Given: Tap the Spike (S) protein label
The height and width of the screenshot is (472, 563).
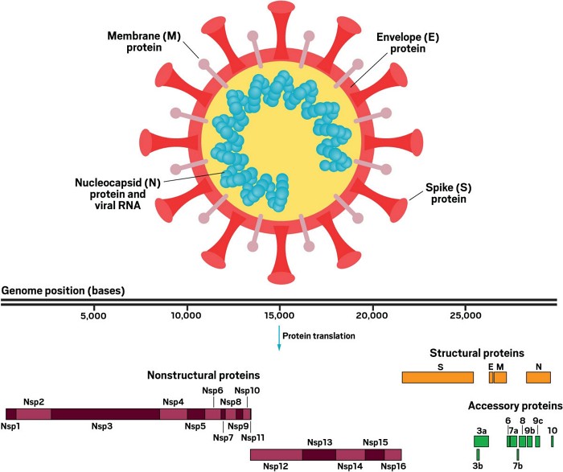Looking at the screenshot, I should (x=448, y=193).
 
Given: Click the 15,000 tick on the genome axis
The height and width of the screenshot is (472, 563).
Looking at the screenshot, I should (x=279, y=316).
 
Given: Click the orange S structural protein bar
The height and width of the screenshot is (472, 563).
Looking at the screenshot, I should (x=438, y=377).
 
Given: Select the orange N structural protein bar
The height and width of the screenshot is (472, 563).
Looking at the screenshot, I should (x=538, y=377).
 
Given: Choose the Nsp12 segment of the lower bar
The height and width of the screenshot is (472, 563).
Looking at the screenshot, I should (x=276, y=454).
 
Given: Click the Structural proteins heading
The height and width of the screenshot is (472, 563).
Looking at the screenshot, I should (x=476, y=352).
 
